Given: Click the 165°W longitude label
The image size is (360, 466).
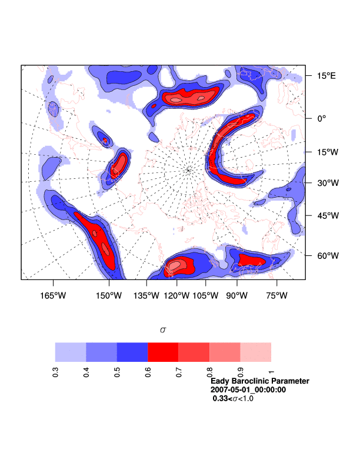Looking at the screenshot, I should click(52, 295).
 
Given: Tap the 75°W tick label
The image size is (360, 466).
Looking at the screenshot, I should click(276, 295).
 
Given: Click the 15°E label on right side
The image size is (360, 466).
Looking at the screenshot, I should click(324, 76).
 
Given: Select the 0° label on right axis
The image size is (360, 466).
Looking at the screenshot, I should click(321, 118).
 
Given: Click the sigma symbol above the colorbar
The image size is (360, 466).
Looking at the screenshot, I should click(163, 330).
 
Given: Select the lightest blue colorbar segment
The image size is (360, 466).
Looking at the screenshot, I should click(71, 352).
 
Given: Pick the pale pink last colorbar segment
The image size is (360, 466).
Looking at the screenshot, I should click(256, 352).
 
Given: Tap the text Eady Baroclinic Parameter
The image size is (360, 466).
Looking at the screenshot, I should click(259, 381).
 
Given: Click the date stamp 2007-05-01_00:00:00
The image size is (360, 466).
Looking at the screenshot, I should click(248, 390).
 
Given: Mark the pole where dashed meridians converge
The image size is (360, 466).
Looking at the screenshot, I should click(188, 170).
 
